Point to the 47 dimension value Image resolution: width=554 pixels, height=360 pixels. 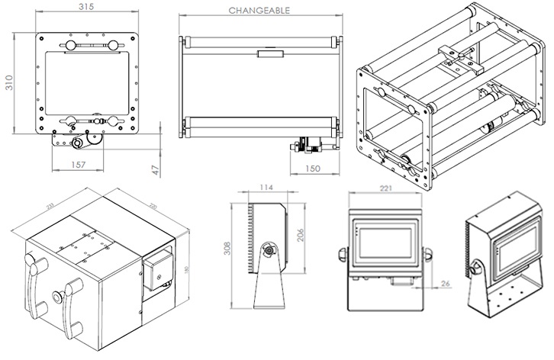point(156,169)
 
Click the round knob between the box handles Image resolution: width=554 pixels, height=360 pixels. point(56,294)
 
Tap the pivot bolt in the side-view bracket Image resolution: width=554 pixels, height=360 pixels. point(269,249)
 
